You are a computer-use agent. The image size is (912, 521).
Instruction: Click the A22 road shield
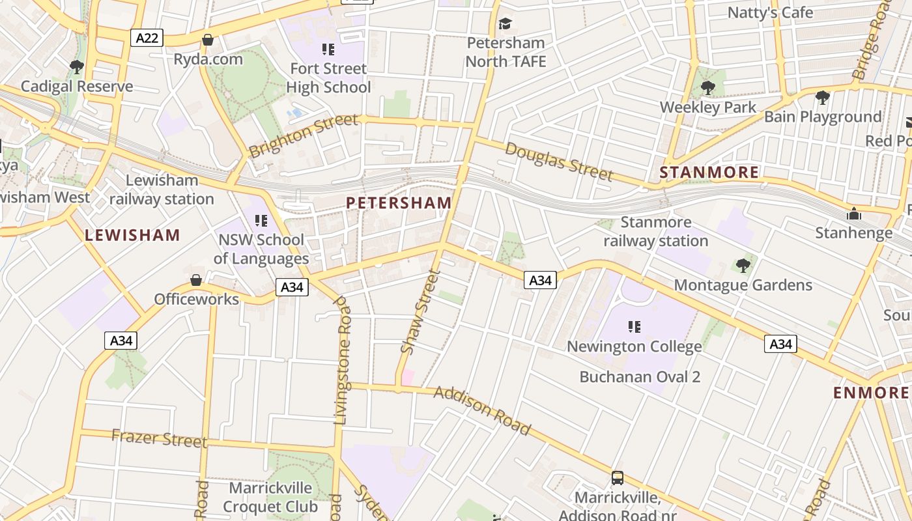coord(147,38)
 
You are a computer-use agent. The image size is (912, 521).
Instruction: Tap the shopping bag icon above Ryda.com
coord(208,40)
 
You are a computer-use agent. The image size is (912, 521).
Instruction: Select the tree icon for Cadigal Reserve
coord(77,66)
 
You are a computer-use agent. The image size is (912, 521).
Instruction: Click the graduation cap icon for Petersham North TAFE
coord(506,24)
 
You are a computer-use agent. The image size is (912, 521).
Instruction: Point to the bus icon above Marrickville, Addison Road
coord(618,478)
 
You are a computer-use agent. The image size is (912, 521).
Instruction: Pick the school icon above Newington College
coord(634,326)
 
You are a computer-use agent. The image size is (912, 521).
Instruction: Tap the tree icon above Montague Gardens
coord(743,265)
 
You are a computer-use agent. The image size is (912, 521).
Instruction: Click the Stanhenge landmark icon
coord(853,214)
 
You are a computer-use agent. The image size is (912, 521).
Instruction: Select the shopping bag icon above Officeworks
coord(196,280)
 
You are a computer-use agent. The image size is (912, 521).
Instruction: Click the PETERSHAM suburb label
coord(399,203)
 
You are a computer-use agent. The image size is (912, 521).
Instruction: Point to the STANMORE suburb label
coord(709,173)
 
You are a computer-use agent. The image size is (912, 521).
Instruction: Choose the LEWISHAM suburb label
coord(132,235)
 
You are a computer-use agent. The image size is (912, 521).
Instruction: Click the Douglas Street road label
coord(559,161)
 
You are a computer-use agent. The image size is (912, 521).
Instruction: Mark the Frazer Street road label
coord(159,438)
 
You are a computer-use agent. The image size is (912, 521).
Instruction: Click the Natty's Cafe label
coord(770,12)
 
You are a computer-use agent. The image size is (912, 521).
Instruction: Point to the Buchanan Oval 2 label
coord(640,376)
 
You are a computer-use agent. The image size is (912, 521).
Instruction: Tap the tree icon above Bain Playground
coord(822,98)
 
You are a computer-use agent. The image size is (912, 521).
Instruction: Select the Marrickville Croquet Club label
coord(270,497)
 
